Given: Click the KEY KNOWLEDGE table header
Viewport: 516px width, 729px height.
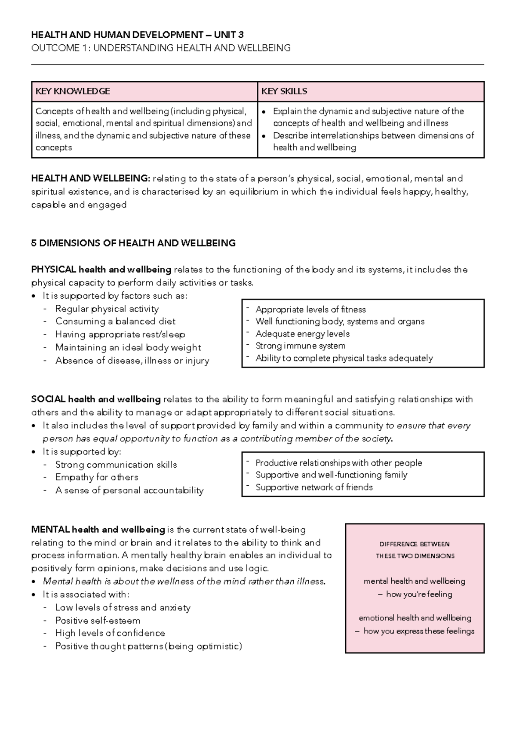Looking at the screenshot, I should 73,91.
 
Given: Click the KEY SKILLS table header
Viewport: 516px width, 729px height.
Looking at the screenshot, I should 284,91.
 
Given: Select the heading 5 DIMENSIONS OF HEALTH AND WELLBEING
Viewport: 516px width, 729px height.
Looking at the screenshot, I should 133,243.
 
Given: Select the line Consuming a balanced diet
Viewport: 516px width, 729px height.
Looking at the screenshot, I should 115,322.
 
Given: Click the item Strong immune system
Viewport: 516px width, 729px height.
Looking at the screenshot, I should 300,346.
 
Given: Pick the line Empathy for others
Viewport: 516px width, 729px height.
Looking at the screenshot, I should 97,478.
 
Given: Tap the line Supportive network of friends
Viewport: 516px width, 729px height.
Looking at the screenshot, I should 314,487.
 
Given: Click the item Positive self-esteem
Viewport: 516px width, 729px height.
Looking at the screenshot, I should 98,621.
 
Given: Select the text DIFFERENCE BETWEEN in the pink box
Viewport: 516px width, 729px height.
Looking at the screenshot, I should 415,544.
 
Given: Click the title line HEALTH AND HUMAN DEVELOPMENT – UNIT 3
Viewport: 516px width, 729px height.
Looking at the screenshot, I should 137,35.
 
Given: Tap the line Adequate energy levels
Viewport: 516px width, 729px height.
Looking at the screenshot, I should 302,334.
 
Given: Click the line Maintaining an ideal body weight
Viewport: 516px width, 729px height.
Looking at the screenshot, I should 128,348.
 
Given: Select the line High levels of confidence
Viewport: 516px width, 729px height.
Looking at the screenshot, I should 110,633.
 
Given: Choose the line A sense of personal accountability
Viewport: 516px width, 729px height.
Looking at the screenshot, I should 129,490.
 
